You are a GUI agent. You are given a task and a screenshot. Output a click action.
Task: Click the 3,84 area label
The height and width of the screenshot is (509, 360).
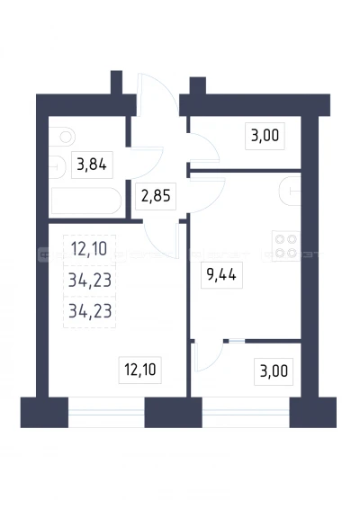[x=92, y=165]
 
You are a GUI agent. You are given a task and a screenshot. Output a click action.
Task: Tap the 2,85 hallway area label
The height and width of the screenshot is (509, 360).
[x=156, y=196]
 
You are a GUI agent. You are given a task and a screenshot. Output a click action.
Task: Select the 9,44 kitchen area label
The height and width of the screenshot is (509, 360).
[x=221, y=275]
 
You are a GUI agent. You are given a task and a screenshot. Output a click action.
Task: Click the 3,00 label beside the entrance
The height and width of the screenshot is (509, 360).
[x=265, y=136]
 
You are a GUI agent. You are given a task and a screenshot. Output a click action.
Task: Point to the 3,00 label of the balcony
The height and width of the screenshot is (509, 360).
[x=274, y=371]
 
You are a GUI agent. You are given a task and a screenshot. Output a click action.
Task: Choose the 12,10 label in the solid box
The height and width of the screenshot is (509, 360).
[x=140, y=370]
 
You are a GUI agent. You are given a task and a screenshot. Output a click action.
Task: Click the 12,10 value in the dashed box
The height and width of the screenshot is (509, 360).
[x=89, y=249]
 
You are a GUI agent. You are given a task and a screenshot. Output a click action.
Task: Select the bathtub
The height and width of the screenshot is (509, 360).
[x=85, y=201]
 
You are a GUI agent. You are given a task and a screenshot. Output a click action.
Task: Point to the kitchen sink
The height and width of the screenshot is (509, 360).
[x=290, y=192]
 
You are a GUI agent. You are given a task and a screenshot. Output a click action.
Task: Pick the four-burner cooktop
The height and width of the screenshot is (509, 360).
[x=286, y=246]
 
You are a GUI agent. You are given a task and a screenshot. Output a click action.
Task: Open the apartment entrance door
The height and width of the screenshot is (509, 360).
[x=157, y=94]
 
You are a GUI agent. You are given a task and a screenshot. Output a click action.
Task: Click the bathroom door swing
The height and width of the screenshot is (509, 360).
[x=147, y=163]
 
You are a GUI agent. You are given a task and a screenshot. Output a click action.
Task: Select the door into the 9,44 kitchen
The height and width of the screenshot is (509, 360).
[x=207, y=195]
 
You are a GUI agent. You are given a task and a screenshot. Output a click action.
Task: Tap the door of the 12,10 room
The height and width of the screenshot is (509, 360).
[x=162, y=240]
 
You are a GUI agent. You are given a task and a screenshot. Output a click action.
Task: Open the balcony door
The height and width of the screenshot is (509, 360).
[x=208, y=355]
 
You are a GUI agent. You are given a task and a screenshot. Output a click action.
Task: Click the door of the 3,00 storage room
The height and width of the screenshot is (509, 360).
[x=204, y=148]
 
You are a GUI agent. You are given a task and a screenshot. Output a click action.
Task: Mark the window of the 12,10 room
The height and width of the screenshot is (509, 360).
[x=106, y=412]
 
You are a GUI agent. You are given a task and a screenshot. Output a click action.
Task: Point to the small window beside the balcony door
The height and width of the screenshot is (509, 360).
[x=237, y=341]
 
